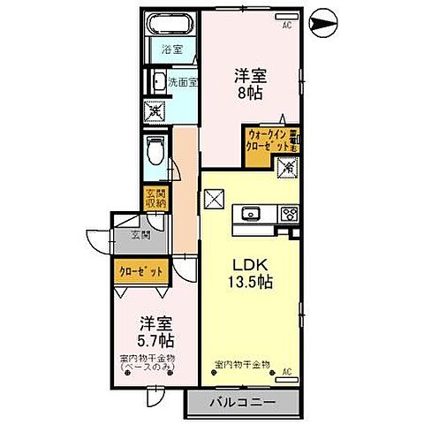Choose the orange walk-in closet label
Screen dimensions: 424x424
pyautogui.click(x=269, y=141)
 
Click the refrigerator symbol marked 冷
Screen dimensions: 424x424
pyautogui.click(x=288, y=166)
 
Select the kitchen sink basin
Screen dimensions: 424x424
pyautogui.click(x=250, y=212)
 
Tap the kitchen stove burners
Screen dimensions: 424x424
pyautogui.click(x=290, y=213)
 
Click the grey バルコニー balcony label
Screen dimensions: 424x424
pyautogui.click(x=241, y=404)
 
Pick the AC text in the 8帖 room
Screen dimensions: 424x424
pyautogui.click(x=286, y=25)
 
